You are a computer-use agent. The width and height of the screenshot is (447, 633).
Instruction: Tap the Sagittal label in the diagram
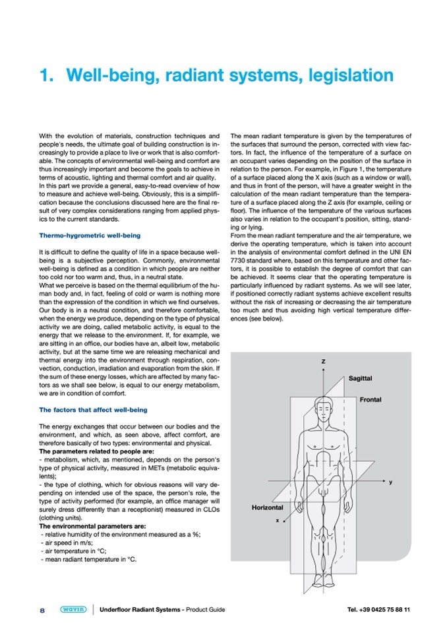(x=360, y=378)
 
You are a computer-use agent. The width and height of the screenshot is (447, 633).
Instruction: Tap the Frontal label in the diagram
(x=371, y=399)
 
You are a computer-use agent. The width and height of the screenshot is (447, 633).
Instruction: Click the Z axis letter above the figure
(x=323, y=362)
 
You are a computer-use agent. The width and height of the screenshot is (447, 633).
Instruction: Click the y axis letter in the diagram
(x=390, y=483)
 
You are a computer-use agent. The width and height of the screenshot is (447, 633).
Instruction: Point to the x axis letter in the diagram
(x=277, y=520)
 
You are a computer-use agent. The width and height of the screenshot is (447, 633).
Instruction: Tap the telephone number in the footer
(x=378, y=610)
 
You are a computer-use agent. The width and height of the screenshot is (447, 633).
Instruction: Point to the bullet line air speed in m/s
(x=67, y=542)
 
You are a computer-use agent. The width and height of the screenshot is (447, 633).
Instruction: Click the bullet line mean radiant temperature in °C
(x=88, y=558)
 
